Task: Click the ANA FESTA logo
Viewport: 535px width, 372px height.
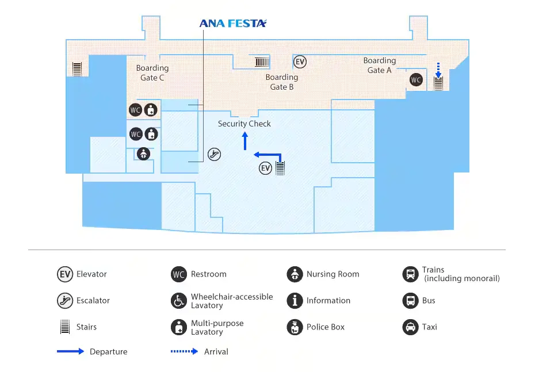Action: pos(233,24)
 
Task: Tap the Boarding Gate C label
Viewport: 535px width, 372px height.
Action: pos(152,73)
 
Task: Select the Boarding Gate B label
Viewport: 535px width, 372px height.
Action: pos(282,82)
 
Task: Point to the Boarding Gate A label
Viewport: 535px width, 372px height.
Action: pos(380,65)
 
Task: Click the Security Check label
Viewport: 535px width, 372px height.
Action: pos(244,124)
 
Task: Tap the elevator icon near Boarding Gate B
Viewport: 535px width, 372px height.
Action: pos(300,62)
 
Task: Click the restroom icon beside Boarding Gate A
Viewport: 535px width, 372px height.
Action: pos(416,80)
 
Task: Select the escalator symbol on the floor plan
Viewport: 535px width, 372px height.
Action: pos(214,154)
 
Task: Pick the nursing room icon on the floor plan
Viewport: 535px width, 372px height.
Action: pos(143,154)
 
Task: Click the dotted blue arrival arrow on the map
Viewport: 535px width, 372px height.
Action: pos(438,70)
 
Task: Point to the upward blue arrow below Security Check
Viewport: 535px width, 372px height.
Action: pos(245,140)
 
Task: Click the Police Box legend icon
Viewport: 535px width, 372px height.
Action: pos(295,327)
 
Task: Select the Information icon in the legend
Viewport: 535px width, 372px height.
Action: pos(295,301)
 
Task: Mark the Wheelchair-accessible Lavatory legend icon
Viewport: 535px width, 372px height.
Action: pos(179,301)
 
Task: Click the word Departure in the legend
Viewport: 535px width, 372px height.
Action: pos(109,352)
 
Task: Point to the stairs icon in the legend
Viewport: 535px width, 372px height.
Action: pos(65,327)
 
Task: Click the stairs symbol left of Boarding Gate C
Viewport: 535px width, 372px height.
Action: pos(77,69)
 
